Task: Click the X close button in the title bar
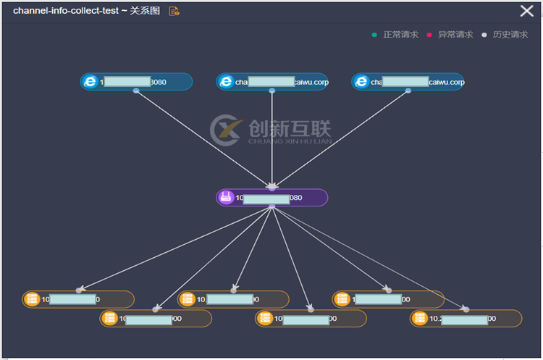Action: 526,11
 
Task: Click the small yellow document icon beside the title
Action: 174,12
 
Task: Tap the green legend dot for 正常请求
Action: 374,34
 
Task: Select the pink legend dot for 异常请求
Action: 429,34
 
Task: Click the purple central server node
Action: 272,198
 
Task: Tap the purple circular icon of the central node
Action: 226,198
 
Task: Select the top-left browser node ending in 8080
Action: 136,82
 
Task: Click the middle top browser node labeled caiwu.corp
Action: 272,82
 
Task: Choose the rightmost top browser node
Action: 408,82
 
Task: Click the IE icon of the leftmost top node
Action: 90,82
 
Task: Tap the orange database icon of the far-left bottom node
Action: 32,299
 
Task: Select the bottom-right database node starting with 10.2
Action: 466,319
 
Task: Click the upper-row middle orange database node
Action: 233,299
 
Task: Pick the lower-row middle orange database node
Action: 311,319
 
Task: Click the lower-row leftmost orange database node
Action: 156,319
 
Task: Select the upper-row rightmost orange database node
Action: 388,299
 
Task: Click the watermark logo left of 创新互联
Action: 226,131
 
